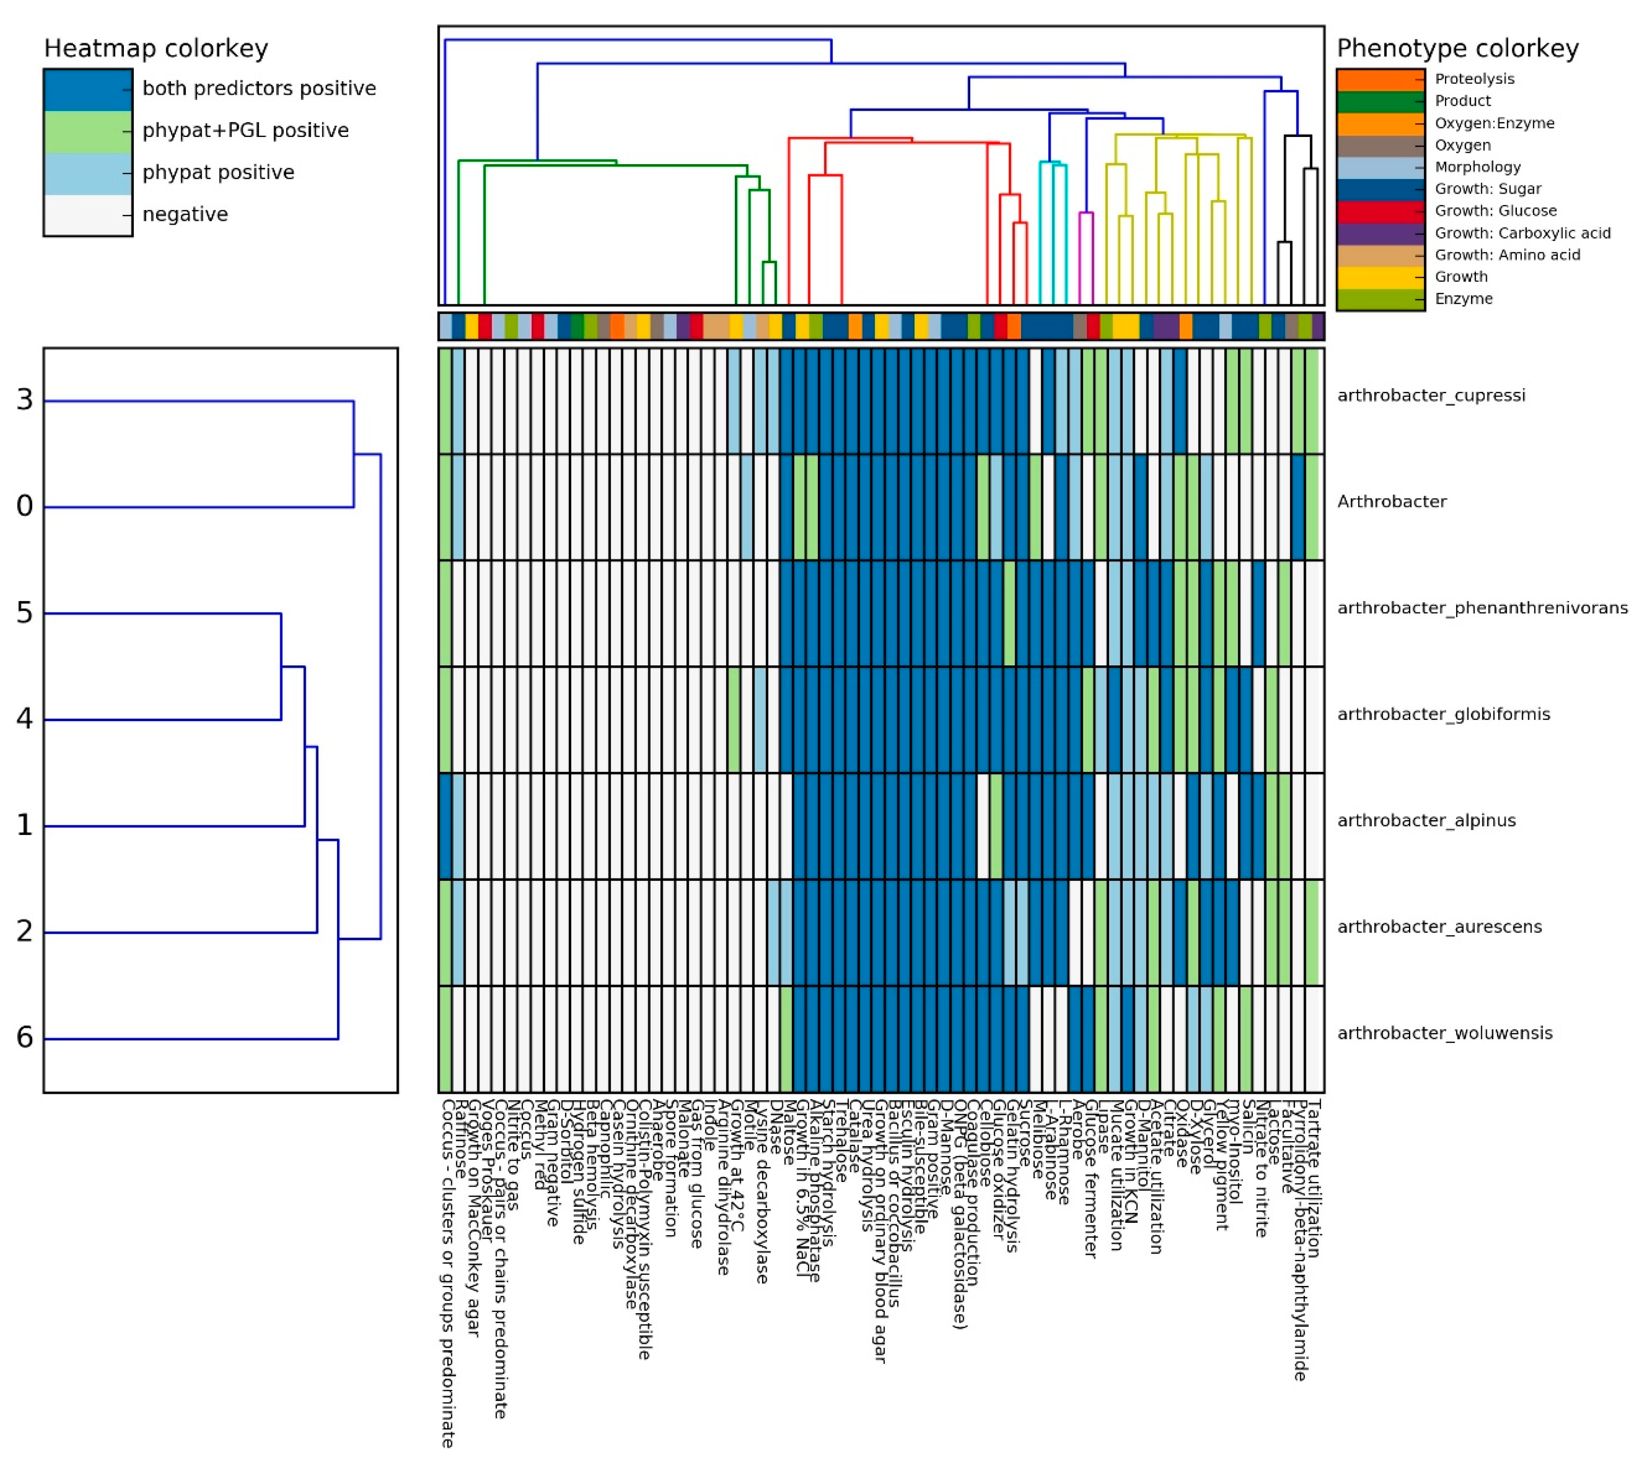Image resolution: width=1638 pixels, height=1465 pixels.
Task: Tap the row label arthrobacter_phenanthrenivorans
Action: (1482, 608)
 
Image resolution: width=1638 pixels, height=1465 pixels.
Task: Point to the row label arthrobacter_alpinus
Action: (1426, 820)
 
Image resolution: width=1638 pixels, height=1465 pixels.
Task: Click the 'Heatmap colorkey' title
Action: (155, 48)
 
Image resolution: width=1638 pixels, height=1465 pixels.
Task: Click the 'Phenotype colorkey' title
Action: (1457, 48)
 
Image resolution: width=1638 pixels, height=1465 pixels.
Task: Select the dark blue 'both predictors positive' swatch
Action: (88, 88)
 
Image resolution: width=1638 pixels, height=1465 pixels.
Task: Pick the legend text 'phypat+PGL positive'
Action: (245, 131)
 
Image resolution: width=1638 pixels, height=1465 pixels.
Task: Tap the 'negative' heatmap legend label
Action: (185, 214)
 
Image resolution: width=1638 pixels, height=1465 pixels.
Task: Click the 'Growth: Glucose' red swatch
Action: (1379, 211)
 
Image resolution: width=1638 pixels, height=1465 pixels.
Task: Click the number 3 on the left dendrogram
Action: (25, 400)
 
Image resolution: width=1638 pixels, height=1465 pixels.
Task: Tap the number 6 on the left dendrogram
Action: (25, 1038)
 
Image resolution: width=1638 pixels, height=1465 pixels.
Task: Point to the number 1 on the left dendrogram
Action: (25, 825)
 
